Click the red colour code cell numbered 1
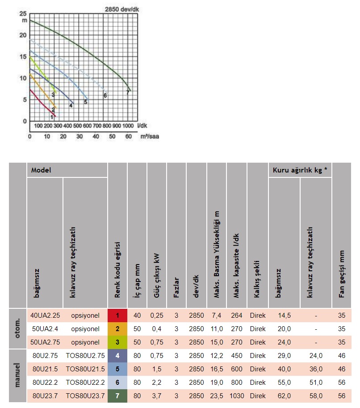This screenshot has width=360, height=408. pyautogui.click(x=117, y=315)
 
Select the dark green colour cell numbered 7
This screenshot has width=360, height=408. pyautogui.click(x=117, y=396)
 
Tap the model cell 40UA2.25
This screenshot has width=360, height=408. pyautogui.click(x=45, y=315)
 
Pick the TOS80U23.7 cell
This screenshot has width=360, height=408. pyautogui.click(x=85, y=396)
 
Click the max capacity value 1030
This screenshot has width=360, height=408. pyautogui.click(x=237, y=396)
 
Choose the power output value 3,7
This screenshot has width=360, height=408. pyautogui.click(x=157, y=396)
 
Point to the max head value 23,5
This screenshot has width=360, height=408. pyautogui.click(x=217, y=396)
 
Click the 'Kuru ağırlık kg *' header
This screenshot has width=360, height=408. pyautogui.click(x=300, y=170)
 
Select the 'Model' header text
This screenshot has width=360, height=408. pyautogui.click(x=41, y=170)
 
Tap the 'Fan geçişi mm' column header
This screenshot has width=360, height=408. pyautogui.click(x=341, y=274)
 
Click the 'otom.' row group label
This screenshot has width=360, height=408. pyautogui.click(x=17, y=328)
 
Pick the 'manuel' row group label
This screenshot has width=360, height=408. pyautogui.click(x=17, y=375)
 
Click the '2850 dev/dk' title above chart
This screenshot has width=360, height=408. pyautogui.click(x=122, y=9)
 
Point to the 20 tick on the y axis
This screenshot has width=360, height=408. pyautogui.click(x=23, y=35)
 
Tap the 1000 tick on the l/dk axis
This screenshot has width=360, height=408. pyautogui.click(x=128, y=126)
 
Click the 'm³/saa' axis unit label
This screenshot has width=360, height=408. pyautogui.click(x=150, y=136)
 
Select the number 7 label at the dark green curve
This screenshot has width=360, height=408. pyautogui.click(x=128, y=93)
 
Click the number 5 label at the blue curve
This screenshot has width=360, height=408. pyautogui.click(x=86, y=102)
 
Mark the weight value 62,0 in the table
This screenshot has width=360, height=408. pyautogui.click(x=285, y=396)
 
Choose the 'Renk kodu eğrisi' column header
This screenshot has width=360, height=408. pyautogui.click(x=117, y=269)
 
